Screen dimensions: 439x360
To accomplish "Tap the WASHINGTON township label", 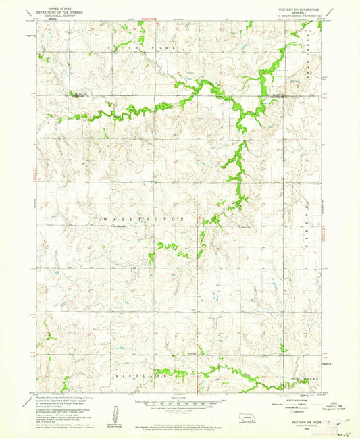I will click(143, 219).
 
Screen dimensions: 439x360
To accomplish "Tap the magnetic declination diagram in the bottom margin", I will click(109, 409).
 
